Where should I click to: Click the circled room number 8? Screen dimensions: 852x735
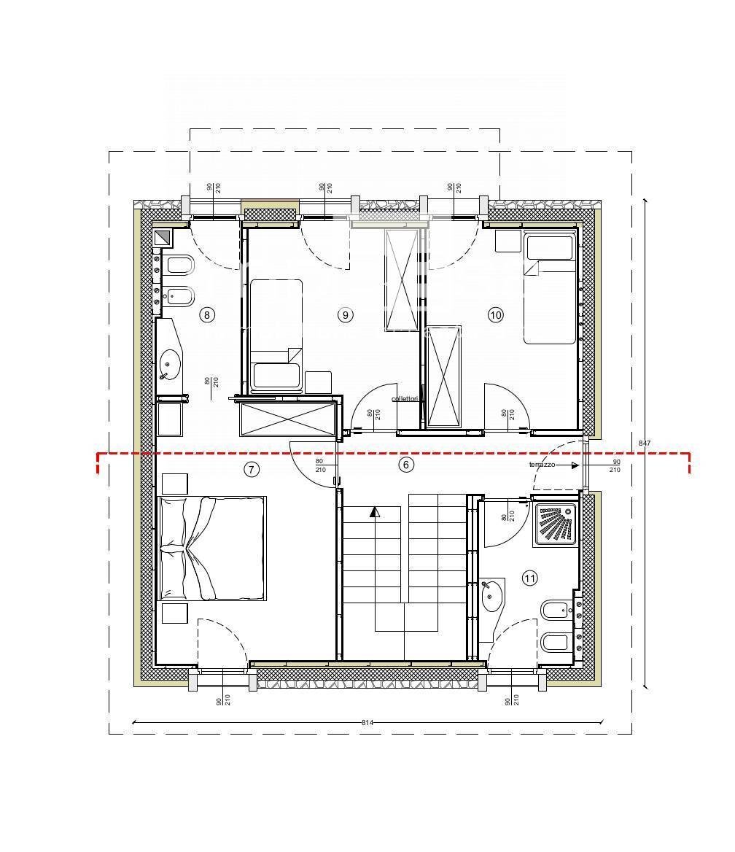[x=207, y=315]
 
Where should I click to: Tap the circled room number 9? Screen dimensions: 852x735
[x=345, y=315]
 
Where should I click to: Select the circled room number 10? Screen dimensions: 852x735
[x=496, y=315]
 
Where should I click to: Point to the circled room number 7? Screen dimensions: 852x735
[x=251, y=469]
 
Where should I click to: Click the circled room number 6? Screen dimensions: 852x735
[x=407, y=464]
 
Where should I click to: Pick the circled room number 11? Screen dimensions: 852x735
[x=530, y=578]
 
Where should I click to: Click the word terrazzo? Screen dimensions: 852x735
[x=542, y=465]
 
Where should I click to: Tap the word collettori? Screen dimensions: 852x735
[x=405, y=399]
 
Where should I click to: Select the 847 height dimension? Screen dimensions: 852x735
[x=645, y=443]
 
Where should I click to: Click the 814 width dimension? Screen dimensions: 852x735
[x=367, y=722]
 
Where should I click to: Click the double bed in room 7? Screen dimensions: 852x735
[x=211, y=548]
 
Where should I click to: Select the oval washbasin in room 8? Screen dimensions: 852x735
[x=170, y=363]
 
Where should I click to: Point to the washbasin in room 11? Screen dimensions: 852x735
[x=492, y=595]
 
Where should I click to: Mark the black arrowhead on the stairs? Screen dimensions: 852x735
[x=375, y=511]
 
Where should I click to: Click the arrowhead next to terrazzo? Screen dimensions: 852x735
[x=575, y=465]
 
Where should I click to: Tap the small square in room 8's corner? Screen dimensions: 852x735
[x=162, y=238]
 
